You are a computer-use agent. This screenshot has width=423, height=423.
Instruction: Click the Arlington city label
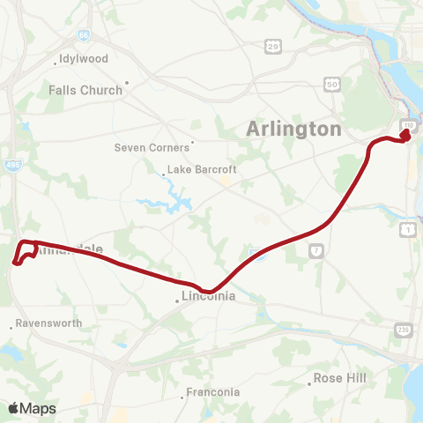click(290, 129)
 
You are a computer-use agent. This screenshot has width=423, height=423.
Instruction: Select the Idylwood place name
click(83, 59)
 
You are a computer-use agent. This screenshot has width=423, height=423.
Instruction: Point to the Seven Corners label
click(152, 147)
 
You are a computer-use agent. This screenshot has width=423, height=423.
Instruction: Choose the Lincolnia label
click(208, 296)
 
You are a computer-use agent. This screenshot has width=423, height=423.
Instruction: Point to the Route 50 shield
click(332, 83)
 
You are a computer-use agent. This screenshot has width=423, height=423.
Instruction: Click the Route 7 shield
click(315, 251)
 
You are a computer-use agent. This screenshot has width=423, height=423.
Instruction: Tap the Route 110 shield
click(409, 127)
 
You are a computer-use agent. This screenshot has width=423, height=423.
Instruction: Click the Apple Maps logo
click(32, 408)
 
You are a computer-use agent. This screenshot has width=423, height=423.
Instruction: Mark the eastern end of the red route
click(406, 137)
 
